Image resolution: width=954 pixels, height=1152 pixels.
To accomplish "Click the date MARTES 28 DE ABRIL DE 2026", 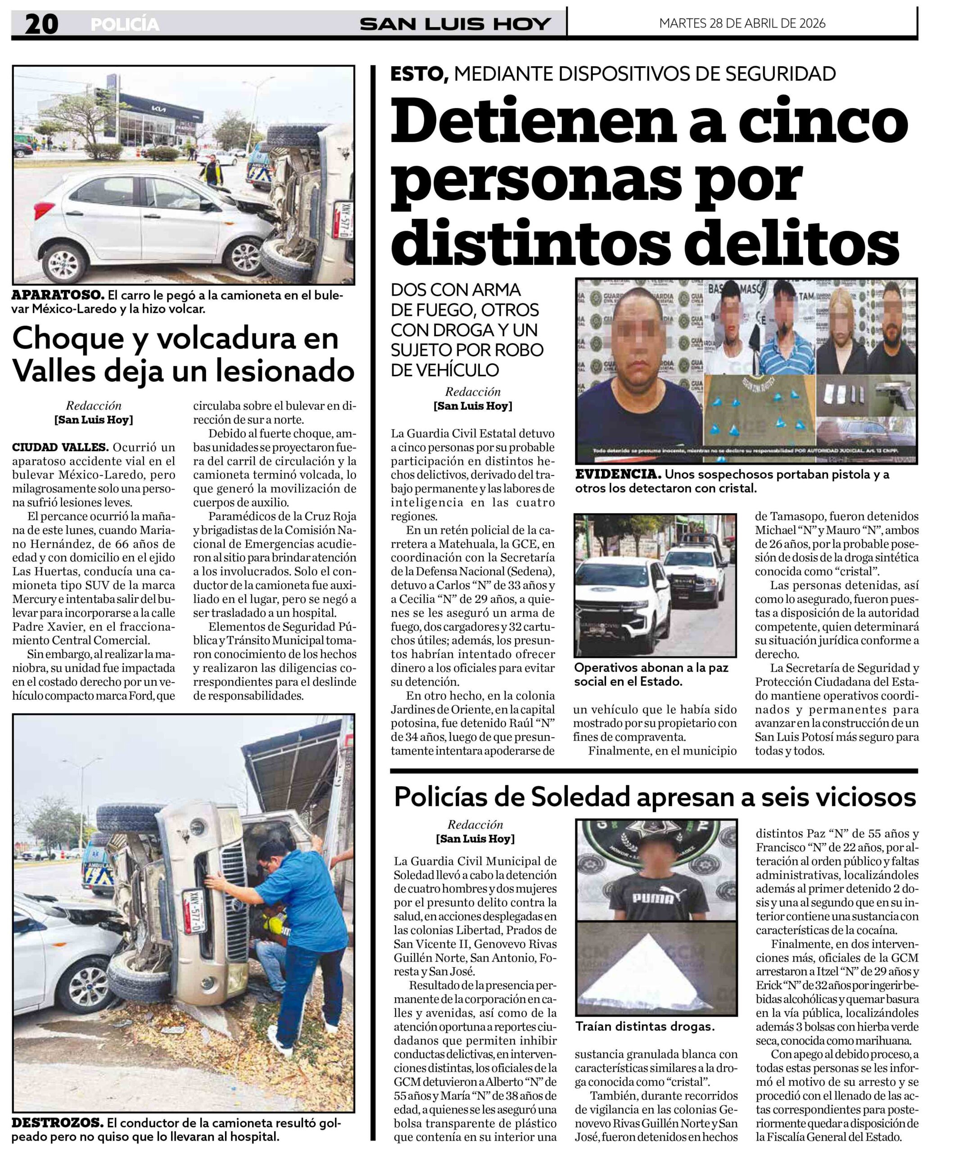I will click(x=742, y=23).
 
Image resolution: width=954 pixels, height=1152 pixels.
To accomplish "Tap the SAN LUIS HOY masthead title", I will click(x=455, y=24).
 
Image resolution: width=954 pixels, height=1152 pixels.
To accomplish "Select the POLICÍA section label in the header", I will click(x=125, y=25).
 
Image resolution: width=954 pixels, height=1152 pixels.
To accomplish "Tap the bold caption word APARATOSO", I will click(x=57, y=295).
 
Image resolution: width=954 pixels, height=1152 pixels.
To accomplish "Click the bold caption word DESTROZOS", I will click(x=57, y=1122).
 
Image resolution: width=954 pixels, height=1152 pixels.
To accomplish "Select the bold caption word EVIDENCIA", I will click(x=617, y=474).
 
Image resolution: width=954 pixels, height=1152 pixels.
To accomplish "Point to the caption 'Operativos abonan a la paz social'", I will click(x=651, y=675).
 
